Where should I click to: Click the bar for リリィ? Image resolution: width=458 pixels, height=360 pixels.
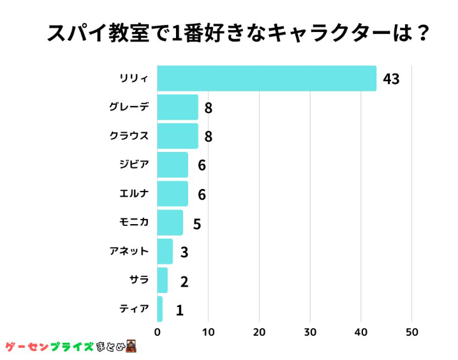tap(266, 79)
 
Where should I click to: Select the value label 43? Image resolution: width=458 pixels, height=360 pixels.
tap(391, 79)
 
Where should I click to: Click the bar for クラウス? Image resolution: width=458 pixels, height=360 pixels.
tap(177, 136)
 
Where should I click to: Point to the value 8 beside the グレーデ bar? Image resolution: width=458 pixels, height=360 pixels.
tap(208, 108)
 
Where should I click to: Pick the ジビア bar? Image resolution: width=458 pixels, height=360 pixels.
tap(172, 165)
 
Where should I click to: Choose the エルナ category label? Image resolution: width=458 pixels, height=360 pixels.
tap(134, 193)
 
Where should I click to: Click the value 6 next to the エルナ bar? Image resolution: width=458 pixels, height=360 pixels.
tap(202, 194)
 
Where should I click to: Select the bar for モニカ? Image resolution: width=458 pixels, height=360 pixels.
tap(170, 222)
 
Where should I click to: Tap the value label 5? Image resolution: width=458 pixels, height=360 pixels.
tap(197, 224)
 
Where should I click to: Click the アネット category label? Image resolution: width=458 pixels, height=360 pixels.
tap(129, 251)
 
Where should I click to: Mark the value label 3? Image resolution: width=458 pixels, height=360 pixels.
tap(184, 252)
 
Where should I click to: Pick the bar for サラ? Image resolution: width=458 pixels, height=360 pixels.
tap(162, 280)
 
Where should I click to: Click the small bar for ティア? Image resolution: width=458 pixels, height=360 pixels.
tap(159, 309)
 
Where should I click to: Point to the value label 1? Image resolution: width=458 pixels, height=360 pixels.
tap(179, 311)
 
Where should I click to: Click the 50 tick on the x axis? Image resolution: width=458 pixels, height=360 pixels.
tap(411, 332)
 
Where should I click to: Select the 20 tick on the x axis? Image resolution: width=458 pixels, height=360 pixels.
tap(259, 332)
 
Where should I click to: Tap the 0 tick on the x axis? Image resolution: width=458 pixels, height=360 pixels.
tap(158, 332)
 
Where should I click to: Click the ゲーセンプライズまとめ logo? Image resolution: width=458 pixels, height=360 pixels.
tap(71, 347)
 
